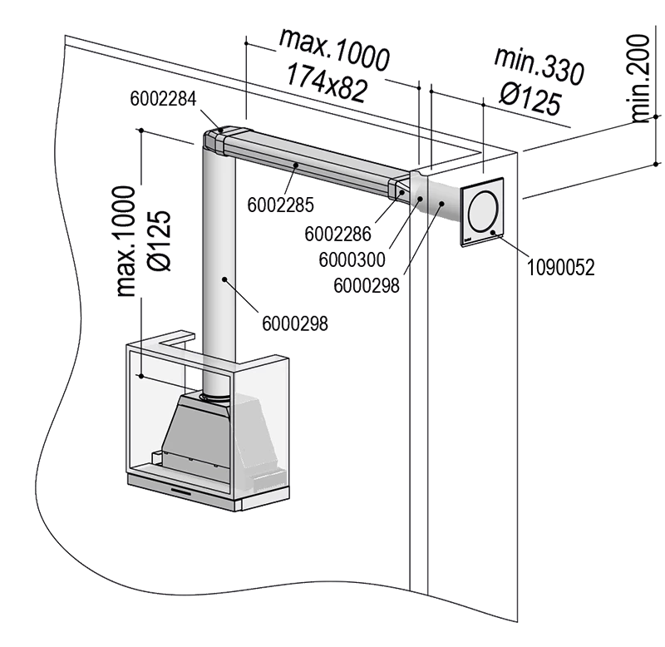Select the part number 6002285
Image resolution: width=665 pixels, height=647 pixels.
coord(270,201)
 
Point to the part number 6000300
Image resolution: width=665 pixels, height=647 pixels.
coord(352,259)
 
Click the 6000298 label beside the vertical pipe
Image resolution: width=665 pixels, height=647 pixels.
coord(294,323)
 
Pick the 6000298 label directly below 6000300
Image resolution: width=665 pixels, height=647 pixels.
coord(366,284)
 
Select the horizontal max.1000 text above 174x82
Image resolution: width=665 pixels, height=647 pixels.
coord(334,48)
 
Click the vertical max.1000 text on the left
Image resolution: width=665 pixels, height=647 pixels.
coord(126,241)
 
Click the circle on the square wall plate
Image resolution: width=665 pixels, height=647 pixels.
coord(480,211)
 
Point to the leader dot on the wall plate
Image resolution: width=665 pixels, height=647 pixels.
coord(493,232)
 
